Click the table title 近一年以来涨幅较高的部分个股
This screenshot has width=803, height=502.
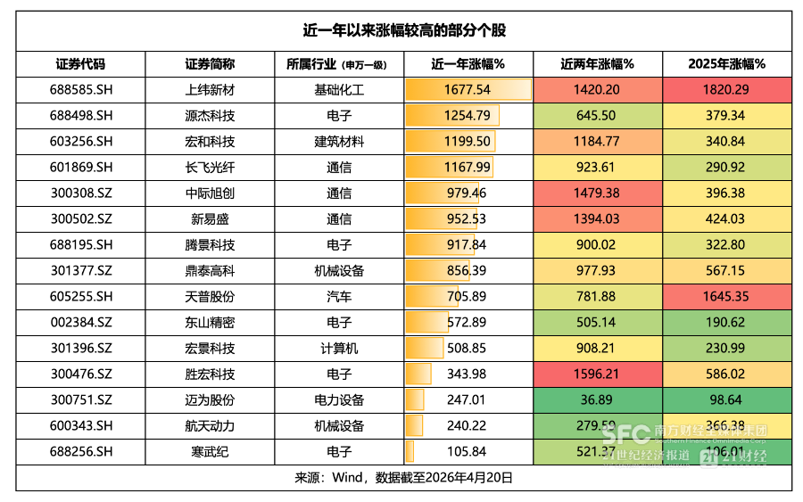403,30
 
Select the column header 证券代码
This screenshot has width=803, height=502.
80,64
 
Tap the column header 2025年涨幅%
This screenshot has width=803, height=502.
726,64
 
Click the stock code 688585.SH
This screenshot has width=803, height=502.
80,90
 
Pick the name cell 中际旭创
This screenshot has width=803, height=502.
210,193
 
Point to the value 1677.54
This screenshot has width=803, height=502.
467,90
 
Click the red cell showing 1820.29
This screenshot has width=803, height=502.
726,90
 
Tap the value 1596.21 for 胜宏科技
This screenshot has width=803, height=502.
597,374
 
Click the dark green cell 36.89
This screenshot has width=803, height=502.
597,400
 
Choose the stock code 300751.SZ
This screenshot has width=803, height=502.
80,400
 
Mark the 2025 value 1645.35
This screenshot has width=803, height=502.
726,297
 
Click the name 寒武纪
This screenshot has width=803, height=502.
210,452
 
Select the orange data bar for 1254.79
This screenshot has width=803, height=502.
451,116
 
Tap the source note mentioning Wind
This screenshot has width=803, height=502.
403,478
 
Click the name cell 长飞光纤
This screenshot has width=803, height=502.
210,168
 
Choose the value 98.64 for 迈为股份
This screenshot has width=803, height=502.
726,400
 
